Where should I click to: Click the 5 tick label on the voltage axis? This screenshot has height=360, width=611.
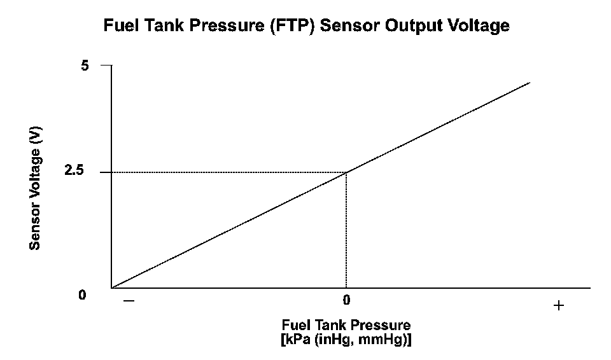(85, 66)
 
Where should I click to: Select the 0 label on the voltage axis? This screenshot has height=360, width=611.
(83, 295)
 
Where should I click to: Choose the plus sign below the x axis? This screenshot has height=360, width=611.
(559, 305)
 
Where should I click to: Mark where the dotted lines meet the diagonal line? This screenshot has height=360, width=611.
(346, 172)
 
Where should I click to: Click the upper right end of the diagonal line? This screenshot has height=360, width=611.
(530, 82)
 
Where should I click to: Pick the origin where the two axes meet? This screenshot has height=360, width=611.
(112, 288)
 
